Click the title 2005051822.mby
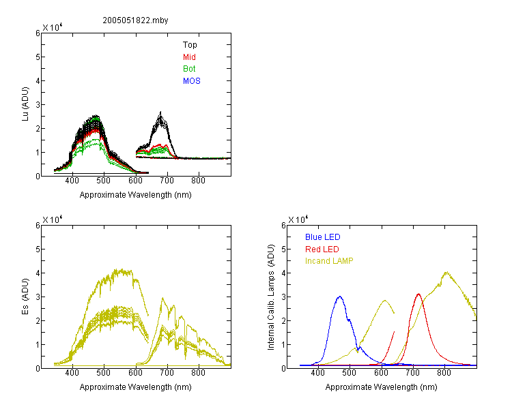[x=135, y=20]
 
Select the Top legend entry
[x=190, y=45]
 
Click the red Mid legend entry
[x=189, y=57]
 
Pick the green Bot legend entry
[x=189, y=69]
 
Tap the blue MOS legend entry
[x=192, y=81]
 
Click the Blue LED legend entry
[x=323, y=237]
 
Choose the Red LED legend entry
[x=322, y=249]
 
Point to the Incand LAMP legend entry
[x=329, y=261]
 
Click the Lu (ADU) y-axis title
[x=25, y=104]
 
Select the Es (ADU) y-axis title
[x=25, y=297]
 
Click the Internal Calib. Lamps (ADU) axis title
[x=271, y=297]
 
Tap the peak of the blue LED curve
[x=340, y=297]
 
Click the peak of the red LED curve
[x=418, y=294]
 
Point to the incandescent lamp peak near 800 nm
[x=446, y=273]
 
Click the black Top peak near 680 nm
[x=160, y=112]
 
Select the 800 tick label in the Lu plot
[x=198, y=181]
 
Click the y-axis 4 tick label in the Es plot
[x=38, y=273]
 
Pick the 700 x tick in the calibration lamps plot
[x=413, y=373]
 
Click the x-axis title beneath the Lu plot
[x=136, y=195]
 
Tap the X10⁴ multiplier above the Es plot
[x=53, y=219]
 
